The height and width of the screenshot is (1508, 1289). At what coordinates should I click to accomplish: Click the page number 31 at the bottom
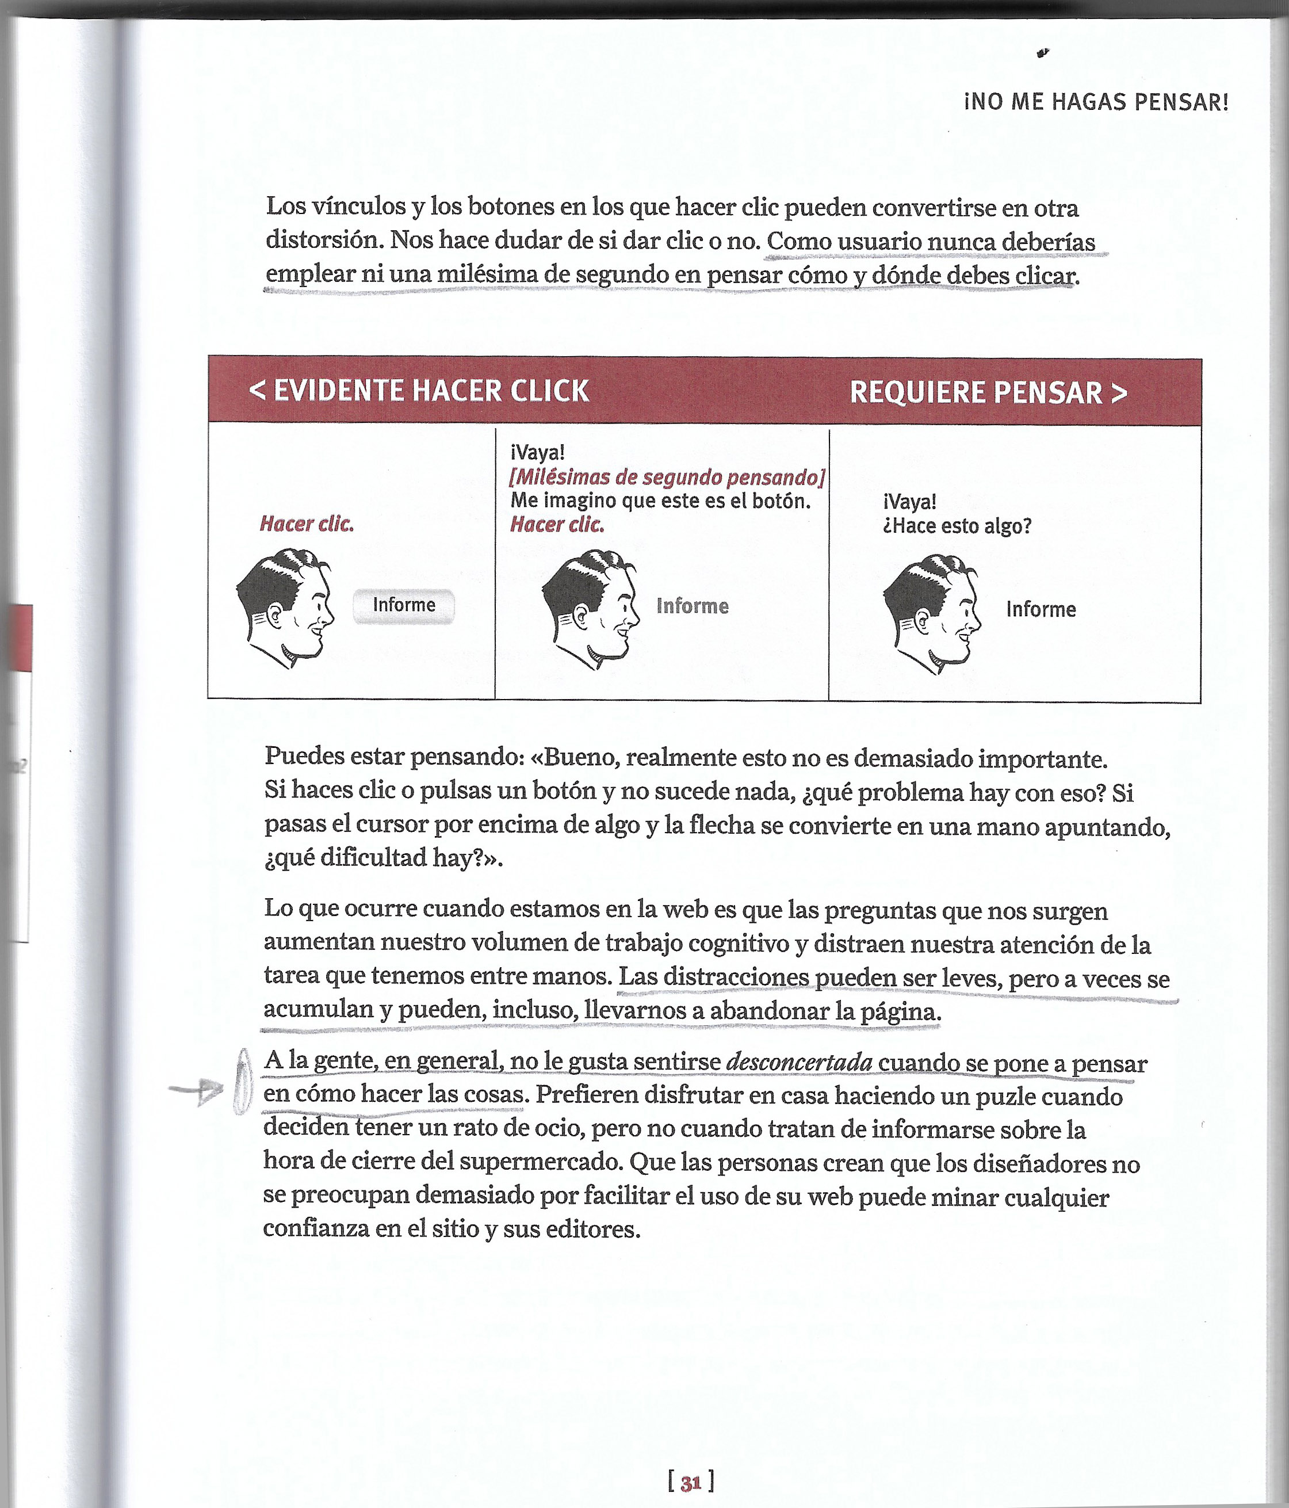coord(690,1482)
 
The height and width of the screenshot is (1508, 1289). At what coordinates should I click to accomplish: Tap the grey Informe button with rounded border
coord(404,605)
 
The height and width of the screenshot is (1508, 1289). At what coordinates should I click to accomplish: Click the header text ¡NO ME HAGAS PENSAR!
coord(1096,102)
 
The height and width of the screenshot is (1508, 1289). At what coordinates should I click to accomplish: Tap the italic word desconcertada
coord(800,1063)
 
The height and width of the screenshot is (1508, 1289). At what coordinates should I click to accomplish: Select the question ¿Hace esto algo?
coord(957,526)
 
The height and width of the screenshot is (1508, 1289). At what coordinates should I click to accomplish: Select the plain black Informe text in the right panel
coord(1040,610)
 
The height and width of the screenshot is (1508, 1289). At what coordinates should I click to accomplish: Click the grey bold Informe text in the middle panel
coord(692,606)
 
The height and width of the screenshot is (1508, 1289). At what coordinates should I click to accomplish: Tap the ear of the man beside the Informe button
coord(274,616)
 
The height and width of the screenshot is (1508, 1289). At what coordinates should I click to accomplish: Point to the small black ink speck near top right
coord(1043,53)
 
